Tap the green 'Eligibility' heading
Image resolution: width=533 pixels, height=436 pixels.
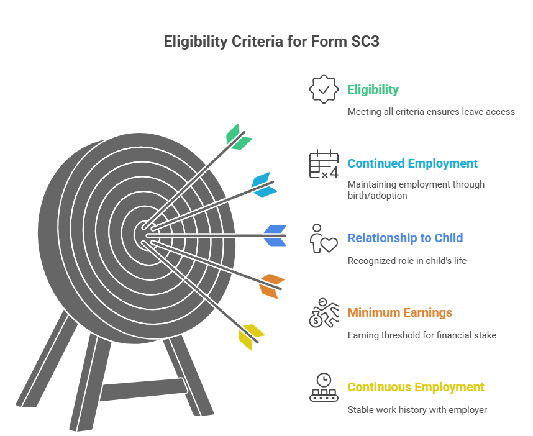pyautogui.click(x=373, y=89)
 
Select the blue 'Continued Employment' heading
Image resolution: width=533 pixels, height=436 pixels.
pyautogui.click(x=412, y=163)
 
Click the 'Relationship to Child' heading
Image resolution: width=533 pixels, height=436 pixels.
pyautogui.click(x=405, y=238)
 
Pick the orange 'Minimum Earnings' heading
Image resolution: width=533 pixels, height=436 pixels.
pyautogui.click(x=399, y=312)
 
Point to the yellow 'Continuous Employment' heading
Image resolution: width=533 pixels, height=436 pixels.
pyautogui.click(x=416, y=387)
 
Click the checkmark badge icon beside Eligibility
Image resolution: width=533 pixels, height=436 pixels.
pyautogui.click(x=324, y=89)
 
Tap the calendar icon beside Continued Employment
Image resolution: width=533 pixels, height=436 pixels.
pyautogui.click(x=324, y=164)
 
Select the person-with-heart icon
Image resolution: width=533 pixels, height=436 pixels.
pyautogui.click(x=324, y=238)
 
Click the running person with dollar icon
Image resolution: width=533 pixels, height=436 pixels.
pyautogui.click(x=324, y=312)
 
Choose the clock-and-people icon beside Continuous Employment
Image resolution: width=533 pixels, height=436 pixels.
pyautogui.click(x=324, y=387)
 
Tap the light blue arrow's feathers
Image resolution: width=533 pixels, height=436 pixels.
pyautogui.click(x=264, y=184)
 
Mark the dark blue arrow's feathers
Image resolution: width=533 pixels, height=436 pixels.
pyautogui.click(x=275, y=235)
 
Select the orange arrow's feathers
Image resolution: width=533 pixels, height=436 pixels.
pyautogui.click(x=271, y=285)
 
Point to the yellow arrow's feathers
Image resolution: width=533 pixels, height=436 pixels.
pyautogui.click(x=250, y=336)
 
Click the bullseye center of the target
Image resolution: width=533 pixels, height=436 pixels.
pyautogui.click(x=143, y=234)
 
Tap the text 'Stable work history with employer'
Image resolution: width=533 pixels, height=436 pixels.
pyautogui.click(x=417, y=410)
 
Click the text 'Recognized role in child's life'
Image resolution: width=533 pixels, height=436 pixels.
pyautogui.click(x=406, y=261)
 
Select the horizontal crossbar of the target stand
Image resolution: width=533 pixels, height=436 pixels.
pyautogui.click(x=143, y=389)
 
